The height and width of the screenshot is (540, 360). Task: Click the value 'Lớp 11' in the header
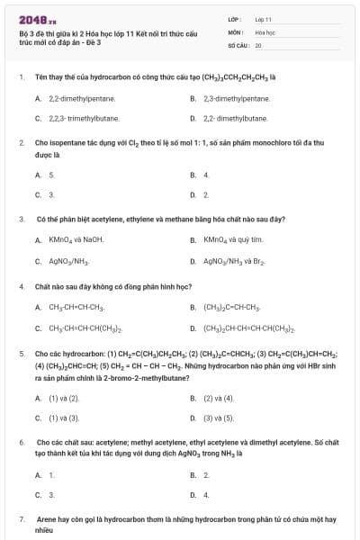point(263,18)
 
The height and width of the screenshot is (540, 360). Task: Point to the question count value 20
point(258,44)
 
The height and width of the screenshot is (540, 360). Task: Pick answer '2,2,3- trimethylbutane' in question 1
point(81,118)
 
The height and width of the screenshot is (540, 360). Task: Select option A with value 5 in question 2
point(51,175)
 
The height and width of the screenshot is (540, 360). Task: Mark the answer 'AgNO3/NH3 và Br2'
point(233,261)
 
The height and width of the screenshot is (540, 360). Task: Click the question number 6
point(22,443)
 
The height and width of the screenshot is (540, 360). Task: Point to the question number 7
point(22,520)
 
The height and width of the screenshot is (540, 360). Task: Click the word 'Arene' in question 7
point(45,520)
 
